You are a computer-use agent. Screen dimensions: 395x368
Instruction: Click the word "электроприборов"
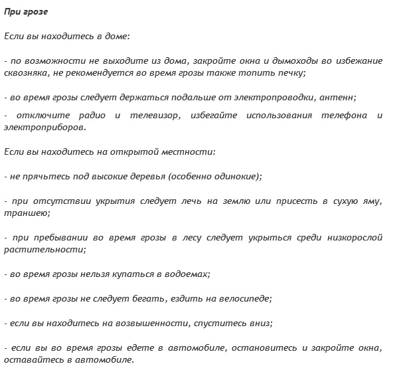point(44,128)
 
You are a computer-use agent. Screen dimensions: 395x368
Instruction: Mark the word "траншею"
point(23,213)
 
